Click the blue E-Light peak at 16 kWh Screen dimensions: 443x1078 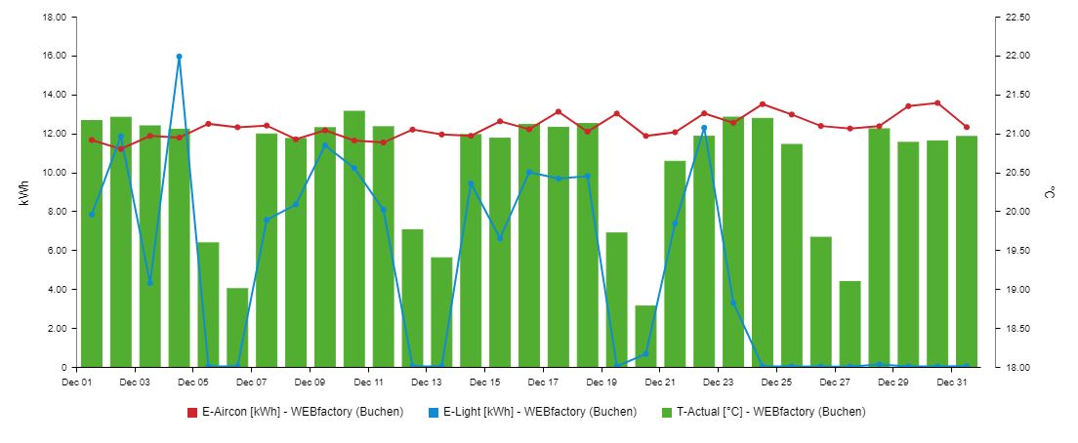(x=179, y=57)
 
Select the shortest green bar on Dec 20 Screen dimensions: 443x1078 (x=645, y=336)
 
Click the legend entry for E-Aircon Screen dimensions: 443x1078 (x=295, y=412)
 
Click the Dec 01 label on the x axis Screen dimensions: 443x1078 (x=76, y=383)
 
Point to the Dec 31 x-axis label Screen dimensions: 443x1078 (x=952, y=383)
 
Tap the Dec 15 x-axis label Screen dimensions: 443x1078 (x=485, y=383)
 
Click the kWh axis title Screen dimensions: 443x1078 (x=23, y=192)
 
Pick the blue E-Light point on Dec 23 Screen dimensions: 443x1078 (x=733, y=302)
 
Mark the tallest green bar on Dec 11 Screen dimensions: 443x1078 (x=353, y=239)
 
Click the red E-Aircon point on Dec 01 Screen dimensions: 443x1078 (x=92, y=140)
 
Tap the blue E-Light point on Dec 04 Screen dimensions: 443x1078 (x=179, y=57)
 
